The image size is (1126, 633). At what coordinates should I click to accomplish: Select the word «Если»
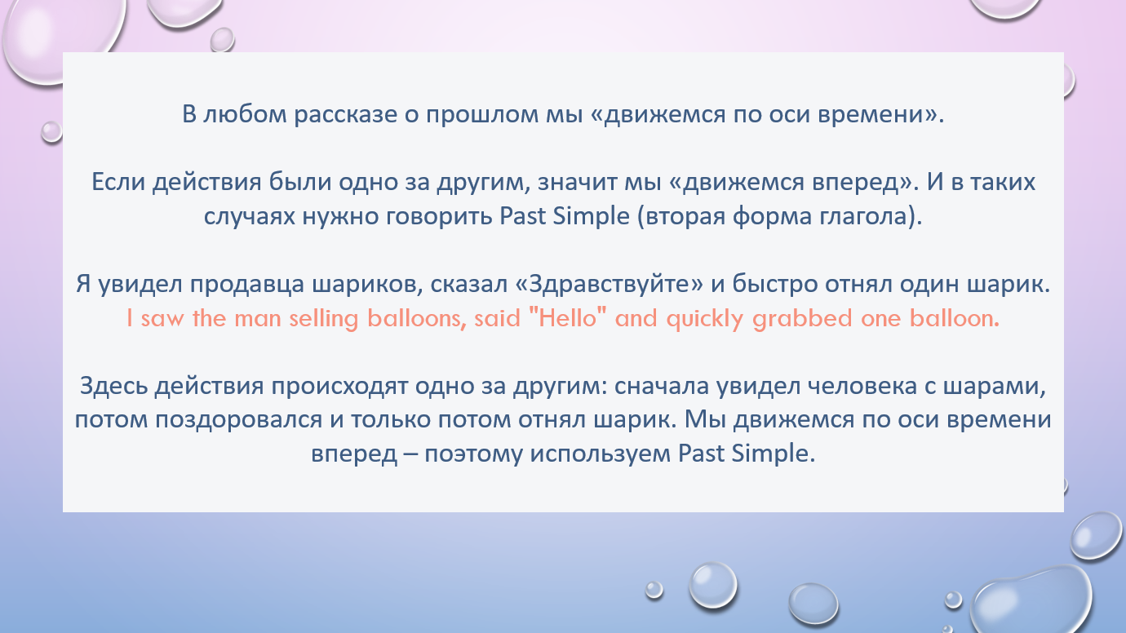[118, 182]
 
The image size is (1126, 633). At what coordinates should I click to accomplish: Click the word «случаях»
[250, 217]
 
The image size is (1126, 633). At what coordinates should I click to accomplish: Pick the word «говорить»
[439, 217]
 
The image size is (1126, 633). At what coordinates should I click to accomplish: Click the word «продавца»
[246, 285]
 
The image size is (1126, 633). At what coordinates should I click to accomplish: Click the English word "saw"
[162, 319]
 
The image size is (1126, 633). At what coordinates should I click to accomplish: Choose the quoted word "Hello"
[568, 318]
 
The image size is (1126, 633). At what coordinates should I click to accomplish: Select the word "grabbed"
[802, 319]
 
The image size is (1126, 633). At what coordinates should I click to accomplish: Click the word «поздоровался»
[239, 420]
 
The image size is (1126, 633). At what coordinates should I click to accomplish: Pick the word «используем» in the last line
[601, 454]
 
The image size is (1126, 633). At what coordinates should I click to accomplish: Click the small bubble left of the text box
[51, 131]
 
